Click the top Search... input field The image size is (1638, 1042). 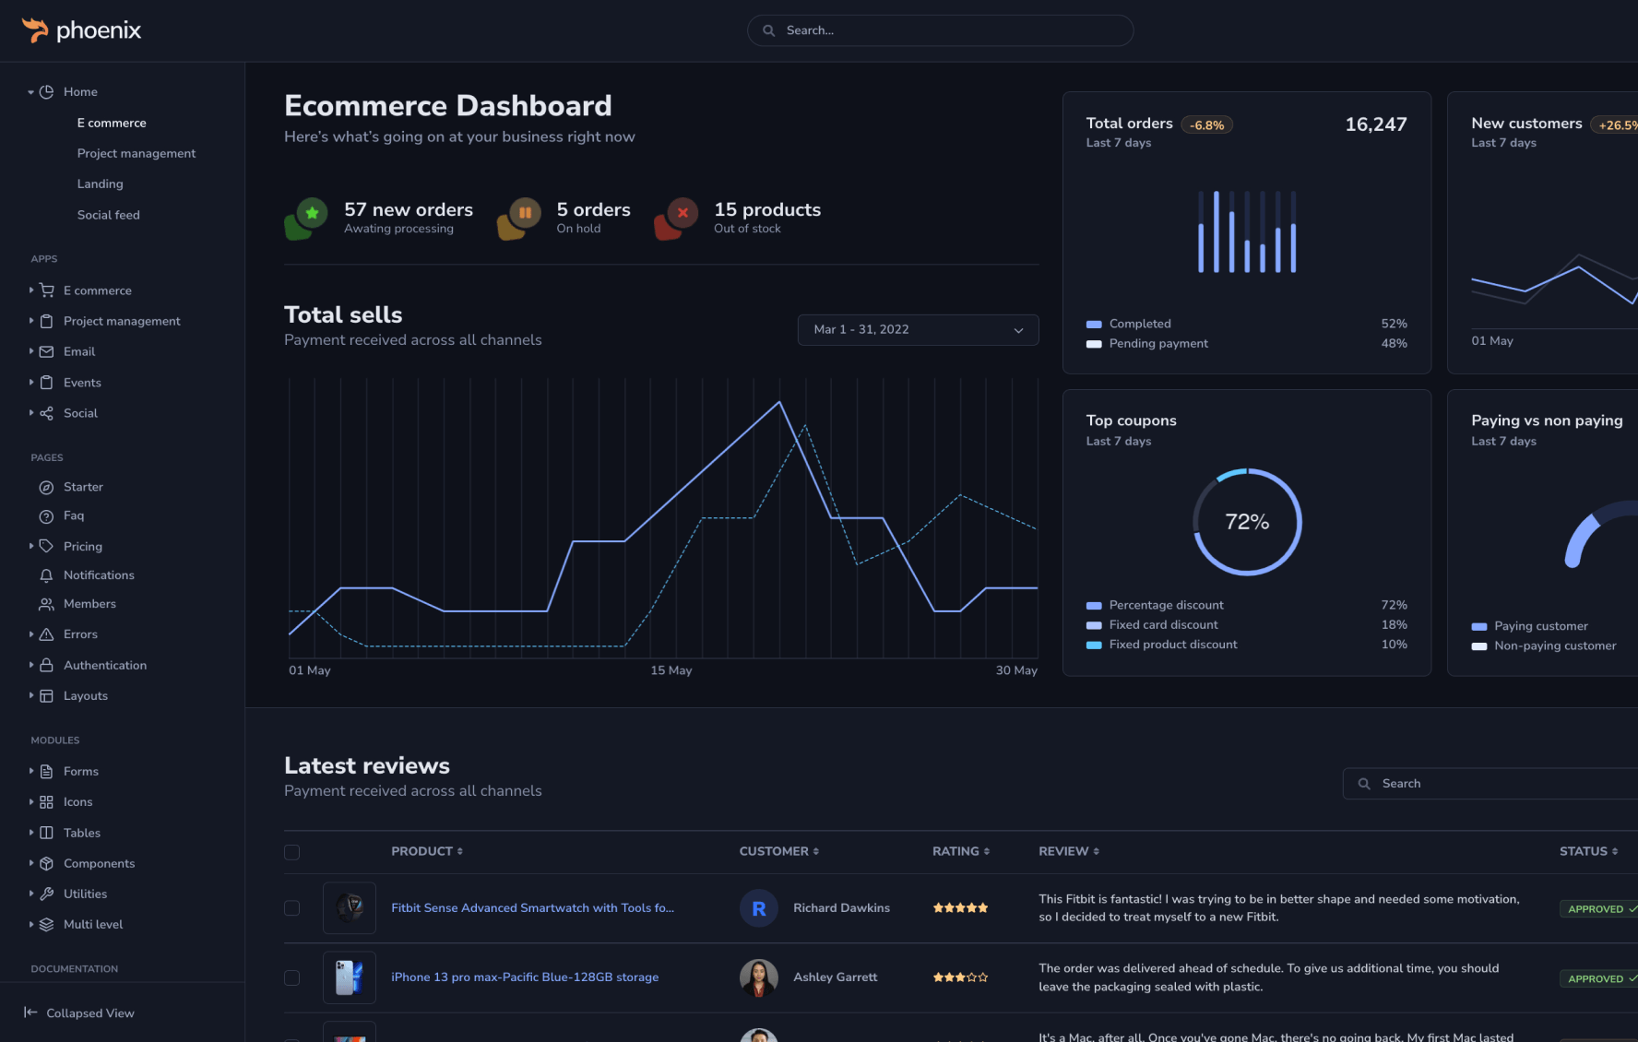(x=940, y=30)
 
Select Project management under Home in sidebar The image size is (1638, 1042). (x=136, y=153)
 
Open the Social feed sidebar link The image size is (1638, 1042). (x=108, y=215)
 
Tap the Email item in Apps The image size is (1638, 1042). (x=78, y=351)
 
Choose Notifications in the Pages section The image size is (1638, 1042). (x=98, y=575)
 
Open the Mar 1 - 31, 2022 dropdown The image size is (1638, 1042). (x=918, y=330)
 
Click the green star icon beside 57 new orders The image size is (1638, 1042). (x=312, y=213)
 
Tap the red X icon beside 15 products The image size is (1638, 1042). (x=682, y=213)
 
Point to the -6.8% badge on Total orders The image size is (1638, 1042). (x=1206, y=125)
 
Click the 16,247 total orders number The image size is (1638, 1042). (x=1375, y=124)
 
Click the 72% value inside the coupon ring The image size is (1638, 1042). (x=1247, y=522)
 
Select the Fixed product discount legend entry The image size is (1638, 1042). (x=1172, y=645)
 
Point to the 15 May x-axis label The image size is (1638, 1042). (x=671, y=670)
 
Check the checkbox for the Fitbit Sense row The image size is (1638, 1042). (x=292, y=908)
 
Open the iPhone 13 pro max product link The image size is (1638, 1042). (x=524, y=977)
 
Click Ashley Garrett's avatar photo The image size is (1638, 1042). (x=758, y=977)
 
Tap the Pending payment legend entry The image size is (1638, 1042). (x=1157, y=344)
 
